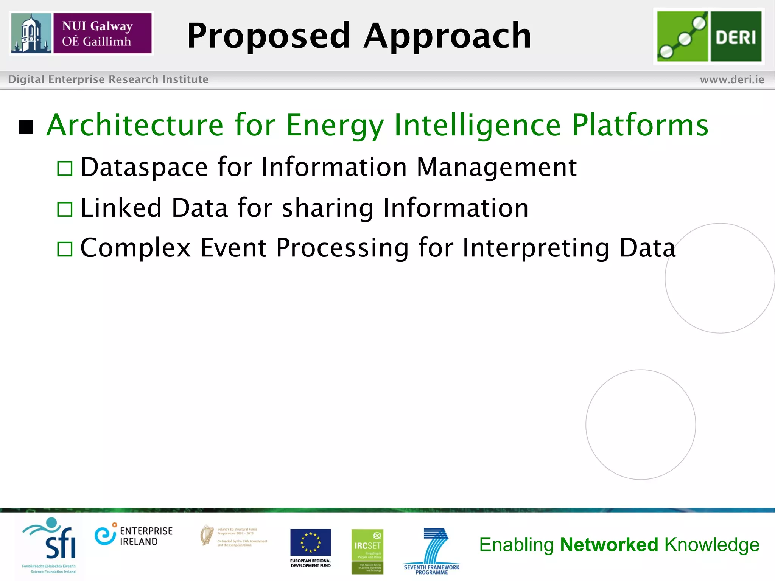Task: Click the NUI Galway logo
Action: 81,33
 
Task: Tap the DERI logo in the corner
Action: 709,36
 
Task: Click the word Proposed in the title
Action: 269,36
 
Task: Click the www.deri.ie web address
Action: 732,79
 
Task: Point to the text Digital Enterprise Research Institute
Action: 108,79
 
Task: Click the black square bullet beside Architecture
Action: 26,127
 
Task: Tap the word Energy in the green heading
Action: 335,126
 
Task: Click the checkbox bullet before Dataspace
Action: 65,168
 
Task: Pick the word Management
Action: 496,167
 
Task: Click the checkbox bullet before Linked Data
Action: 65,209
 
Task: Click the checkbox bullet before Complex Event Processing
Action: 65,249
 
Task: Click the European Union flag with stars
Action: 310,542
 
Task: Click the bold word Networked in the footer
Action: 609,545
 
